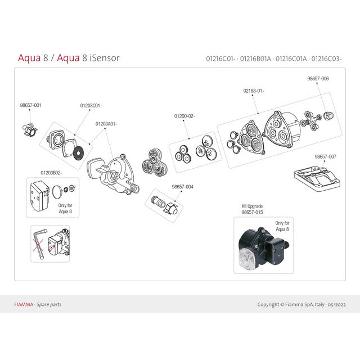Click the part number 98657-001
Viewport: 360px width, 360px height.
[x=30, y=105]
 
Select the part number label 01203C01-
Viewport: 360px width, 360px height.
[x=91, y=105]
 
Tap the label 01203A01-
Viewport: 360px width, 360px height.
[x=106, y=123]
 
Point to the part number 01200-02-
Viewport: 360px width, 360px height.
[x=184, y=116]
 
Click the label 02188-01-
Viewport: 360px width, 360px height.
[x=254, y=91]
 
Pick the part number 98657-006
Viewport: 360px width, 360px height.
[x=318, y=79]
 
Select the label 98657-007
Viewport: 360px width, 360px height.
[x=325, y=156]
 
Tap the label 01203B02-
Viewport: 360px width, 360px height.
[x=51, y=173]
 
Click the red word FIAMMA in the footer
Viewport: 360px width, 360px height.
[x=24, y=304]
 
